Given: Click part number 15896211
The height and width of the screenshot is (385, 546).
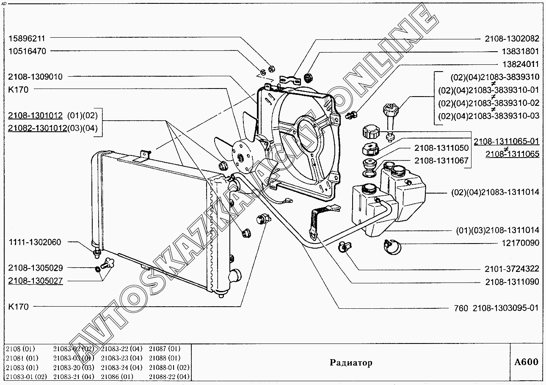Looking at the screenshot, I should [27, 38].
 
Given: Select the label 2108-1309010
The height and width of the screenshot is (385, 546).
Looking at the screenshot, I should [35, 77].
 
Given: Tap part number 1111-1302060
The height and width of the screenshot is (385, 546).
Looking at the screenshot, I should [34, 242].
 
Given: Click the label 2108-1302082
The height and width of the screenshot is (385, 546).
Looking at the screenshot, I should [512, 39].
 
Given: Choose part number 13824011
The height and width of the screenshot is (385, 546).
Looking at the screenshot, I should [514, 64].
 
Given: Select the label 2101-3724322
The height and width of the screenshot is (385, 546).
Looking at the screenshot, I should [512, 269].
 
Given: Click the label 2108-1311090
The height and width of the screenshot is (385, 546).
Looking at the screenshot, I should [512, 281].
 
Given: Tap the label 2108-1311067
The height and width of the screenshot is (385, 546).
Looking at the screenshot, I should [441, 161].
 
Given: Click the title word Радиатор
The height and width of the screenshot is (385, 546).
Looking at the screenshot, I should [351, 363].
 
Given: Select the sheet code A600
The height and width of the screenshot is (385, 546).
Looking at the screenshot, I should [527, 362].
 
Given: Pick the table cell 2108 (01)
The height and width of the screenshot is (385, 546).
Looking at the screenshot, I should [20, 349].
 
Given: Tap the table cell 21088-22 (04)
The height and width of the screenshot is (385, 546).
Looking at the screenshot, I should [169, 376].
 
